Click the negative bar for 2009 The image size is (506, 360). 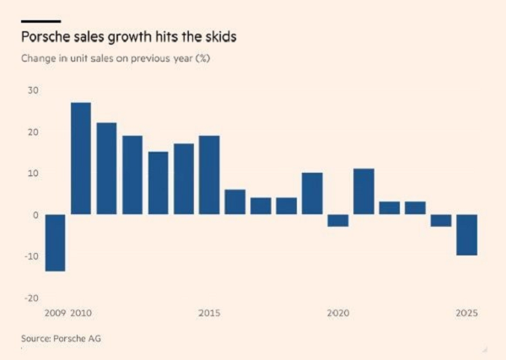point(56,243)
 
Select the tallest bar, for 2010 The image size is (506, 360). point(81,159)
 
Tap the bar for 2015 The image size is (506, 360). point(209,175)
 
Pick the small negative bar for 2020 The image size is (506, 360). point(337,220)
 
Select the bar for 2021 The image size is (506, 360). point(363,191)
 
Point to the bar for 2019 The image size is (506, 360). point(312,193)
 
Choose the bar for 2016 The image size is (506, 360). point(234,201)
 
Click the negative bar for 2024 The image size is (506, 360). point(440,220)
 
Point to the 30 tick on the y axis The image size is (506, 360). point(34,91)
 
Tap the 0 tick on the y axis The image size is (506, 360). point(36,215)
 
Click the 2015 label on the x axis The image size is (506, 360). point(209,314)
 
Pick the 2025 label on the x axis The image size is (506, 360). point(466,314)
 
